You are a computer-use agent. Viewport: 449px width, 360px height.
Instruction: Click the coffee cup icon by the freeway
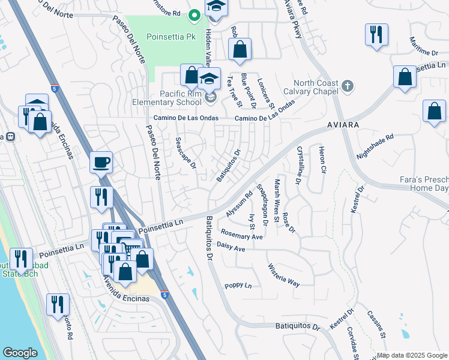pos(101,161)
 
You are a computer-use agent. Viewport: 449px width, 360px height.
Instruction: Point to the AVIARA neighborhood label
pos(343,124)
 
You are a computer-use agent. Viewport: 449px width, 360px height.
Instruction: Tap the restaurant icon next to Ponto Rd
pos(58,304)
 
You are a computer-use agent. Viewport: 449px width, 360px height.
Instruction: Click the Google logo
pos(20,353)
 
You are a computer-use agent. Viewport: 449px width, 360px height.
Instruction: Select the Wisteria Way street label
pos(283,274)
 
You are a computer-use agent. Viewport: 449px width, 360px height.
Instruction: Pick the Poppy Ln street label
pos(238,286)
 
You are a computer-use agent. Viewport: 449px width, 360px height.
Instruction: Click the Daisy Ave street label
pos(231,248)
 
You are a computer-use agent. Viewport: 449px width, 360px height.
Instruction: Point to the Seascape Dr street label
pos(185,154)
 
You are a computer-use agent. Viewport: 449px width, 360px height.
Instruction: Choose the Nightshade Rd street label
pos(375,146)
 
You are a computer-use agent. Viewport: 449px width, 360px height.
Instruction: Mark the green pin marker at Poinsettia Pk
pos(194,14)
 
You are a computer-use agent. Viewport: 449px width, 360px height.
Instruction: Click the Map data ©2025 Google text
pos(412,355)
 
